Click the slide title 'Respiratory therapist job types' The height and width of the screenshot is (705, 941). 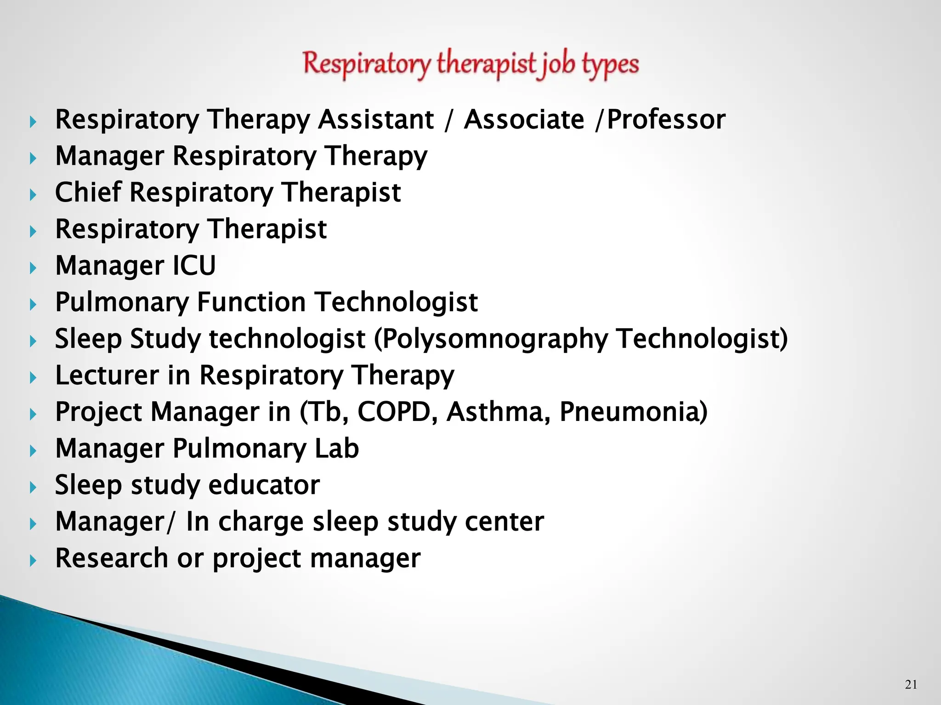point(470,64)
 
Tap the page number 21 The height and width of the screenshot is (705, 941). point(911,684)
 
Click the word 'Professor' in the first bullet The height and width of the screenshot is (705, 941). point(666,120)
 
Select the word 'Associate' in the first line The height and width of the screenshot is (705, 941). point(524,120)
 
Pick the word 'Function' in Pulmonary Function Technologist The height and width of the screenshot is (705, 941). point(251,302)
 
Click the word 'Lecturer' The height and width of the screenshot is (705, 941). point(107,375)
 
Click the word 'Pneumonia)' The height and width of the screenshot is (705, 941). point(634,412)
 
